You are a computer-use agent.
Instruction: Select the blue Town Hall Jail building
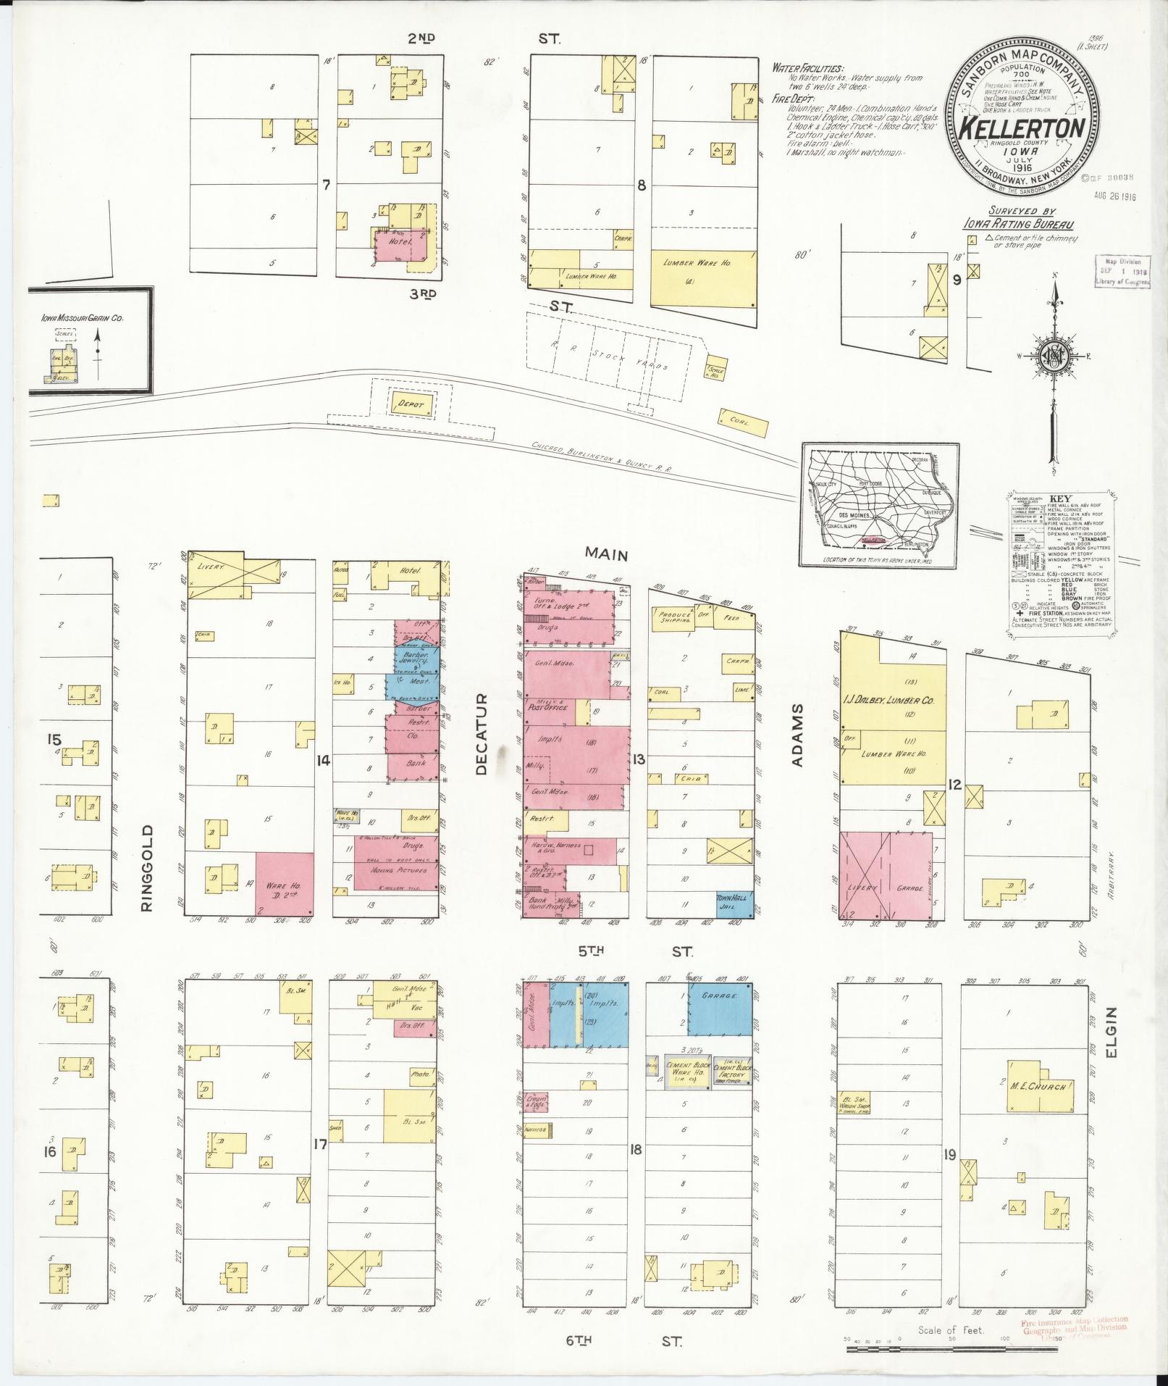pyautogui.click(x=734, y=905)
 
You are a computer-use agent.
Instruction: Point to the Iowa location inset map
pyautogui.click(x=880, y=505)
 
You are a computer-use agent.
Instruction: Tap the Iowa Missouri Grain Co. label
pyautogui.click(x=82, y=317)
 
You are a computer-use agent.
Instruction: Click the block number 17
pyautogui.click(x=320, y=1165)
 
